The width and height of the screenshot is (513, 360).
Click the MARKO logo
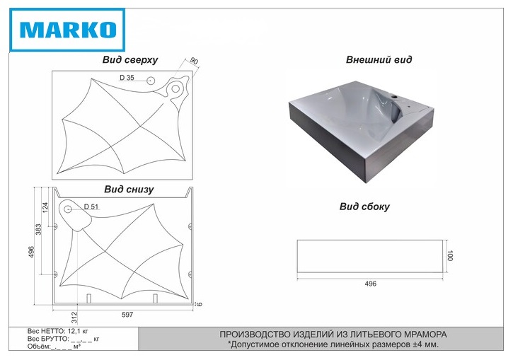pos(67,30)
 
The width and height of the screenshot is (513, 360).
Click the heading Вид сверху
pos(130,60)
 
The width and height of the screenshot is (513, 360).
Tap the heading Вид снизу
pos(129,190)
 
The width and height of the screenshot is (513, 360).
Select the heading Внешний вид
pos(379,59)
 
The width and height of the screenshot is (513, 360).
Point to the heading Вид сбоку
pos(364,207)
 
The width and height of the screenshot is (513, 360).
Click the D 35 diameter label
pos(127,78)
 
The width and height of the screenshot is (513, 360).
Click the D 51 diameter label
pos(91,207)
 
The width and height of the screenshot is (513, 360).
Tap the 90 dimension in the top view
pos(194,61)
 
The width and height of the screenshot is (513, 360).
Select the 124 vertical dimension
pos(45,207)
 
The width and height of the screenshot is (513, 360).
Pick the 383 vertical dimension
pos(39,229)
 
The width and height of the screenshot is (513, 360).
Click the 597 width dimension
pos(127,315)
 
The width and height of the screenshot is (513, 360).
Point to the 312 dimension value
pos(74,318)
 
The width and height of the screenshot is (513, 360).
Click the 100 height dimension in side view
pos(450,255)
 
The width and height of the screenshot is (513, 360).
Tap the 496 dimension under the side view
pos(370,284)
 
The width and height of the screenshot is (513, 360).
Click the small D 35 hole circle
pos(151,81)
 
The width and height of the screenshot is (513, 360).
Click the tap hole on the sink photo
pos(395,97)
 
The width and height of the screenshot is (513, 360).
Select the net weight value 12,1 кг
pos(78,331)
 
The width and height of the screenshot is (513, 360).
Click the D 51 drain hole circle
pos(68,209)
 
